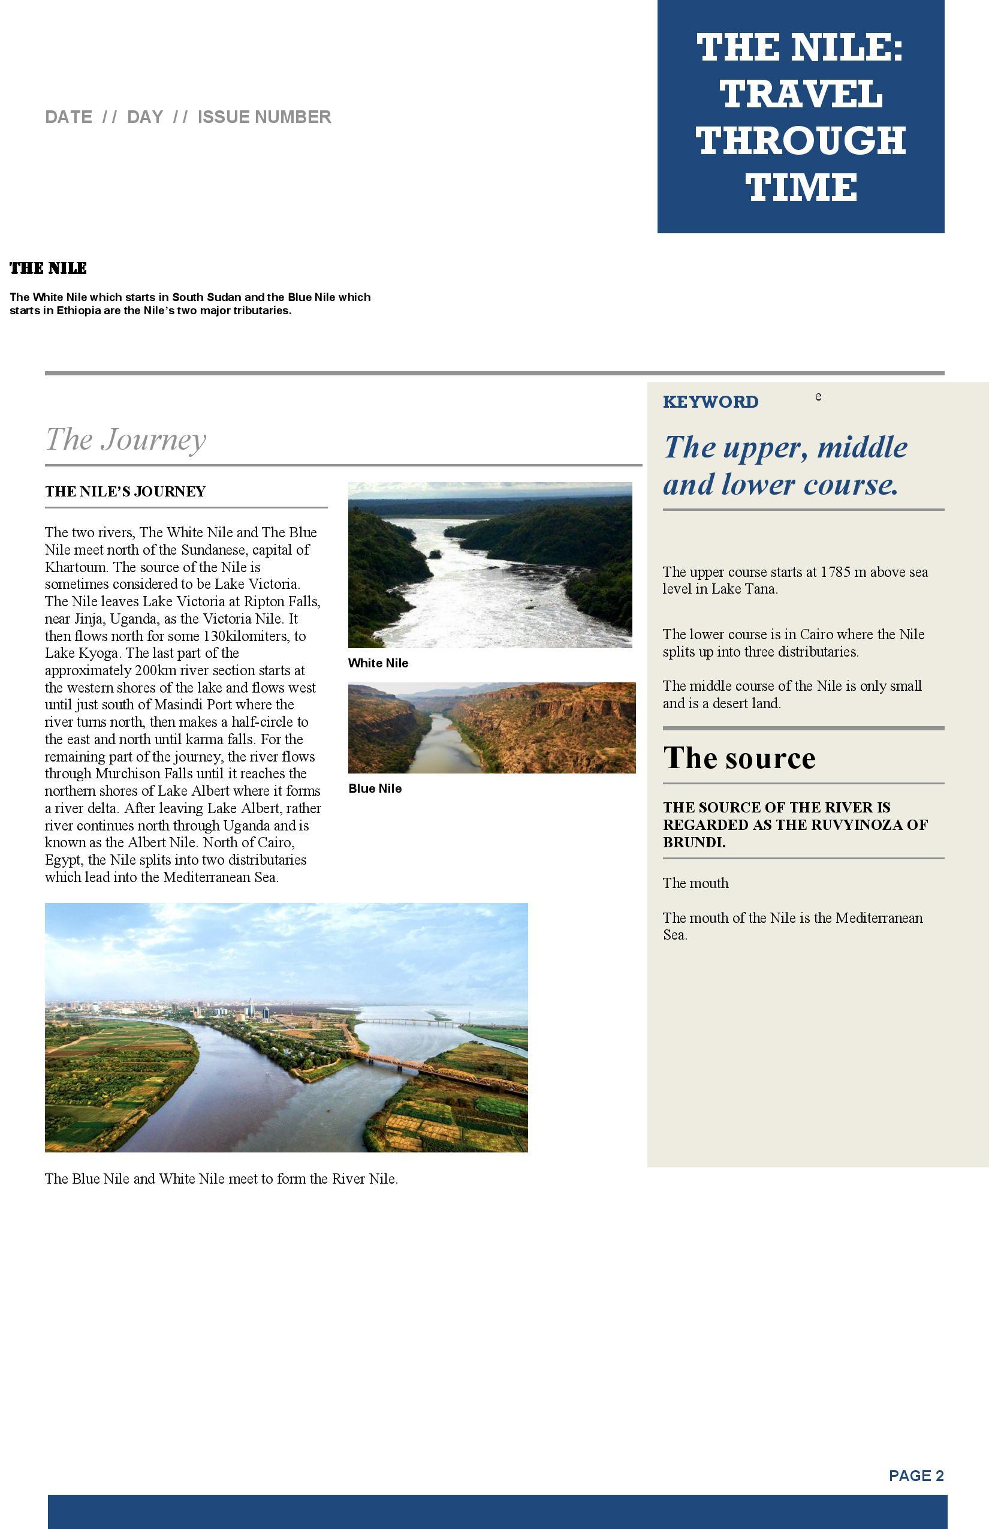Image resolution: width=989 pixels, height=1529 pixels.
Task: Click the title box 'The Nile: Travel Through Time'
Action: point(800,117)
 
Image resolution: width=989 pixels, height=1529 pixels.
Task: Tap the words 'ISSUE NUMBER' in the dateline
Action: point(264,117)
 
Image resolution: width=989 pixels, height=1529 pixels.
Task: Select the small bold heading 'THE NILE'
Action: point(48,269)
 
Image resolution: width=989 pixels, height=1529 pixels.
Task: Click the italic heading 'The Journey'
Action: point(126,440)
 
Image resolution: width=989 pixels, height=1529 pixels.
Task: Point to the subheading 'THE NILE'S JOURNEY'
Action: point(125,492)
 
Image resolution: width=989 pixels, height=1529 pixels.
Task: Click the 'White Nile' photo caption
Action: point(378,663)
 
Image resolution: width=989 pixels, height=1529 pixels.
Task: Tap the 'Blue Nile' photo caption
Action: point(375,788)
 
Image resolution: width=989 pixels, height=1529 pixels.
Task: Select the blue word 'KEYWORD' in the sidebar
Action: point(710,402)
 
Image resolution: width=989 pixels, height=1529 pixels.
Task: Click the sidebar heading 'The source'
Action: point(739,758)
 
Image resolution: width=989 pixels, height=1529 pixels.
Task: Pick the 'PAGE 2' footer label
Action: point(916,1476)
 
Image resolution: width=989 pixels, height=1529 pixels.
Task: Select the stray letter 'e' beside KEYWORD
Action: point(818,396)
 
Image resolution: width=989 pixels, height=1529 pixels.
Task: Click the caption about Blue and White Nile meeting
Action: point(222,1179)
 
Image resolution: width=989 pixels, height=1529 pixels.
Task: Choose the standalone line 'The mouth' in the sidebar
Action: point(695,883)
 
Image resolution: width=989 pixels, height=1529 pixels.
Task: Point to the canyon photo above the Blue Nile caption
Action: point(492,727)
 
